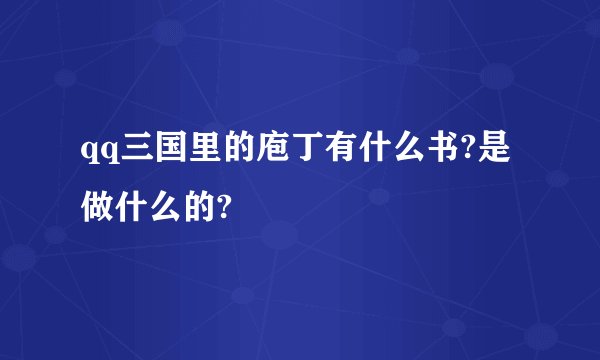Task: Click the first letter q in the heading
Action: coord(89,156)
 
